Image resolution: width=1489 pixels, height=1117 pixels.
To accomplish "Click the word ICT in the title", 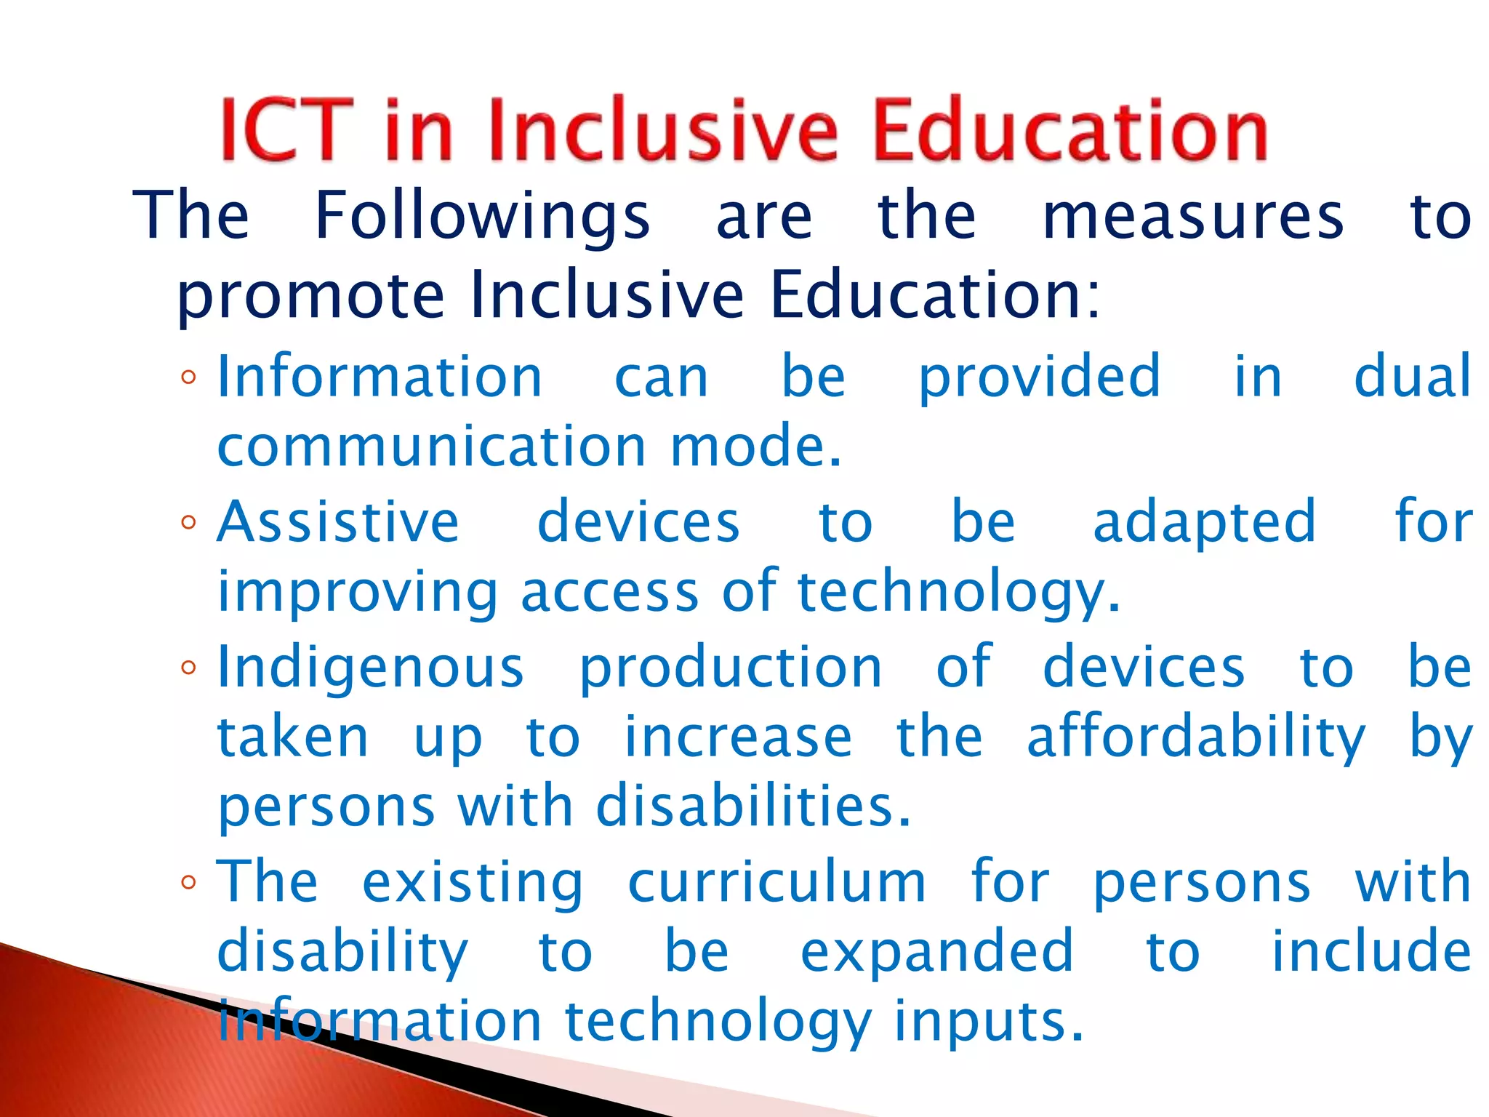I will point(286,131).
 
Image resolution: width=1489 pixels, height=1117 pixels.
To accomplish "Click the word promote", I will point(310,297).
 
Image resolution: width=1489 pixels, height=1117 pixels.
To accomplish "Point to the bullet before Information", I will point(189,377).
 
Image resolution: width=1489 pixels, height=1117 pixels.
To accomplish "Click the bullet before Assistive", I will point(189,522).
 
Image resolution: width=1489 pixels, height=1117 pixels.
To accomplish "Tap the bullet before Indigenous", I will point(189,667).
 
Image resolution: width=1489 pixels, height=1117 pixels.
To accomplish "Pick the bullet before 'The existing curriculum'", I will point(189,882).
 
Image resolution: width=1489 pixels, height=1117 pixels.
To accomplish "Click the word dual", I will point(1413,376).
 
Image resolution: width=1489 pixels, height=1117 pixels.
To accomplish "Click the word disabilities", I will point(752,806).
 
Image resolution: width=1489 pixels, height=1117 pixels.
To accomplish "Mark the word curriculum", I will point(776,882).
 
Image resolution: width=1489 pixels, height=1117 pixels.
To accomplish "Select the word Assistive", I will point(338,522).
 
